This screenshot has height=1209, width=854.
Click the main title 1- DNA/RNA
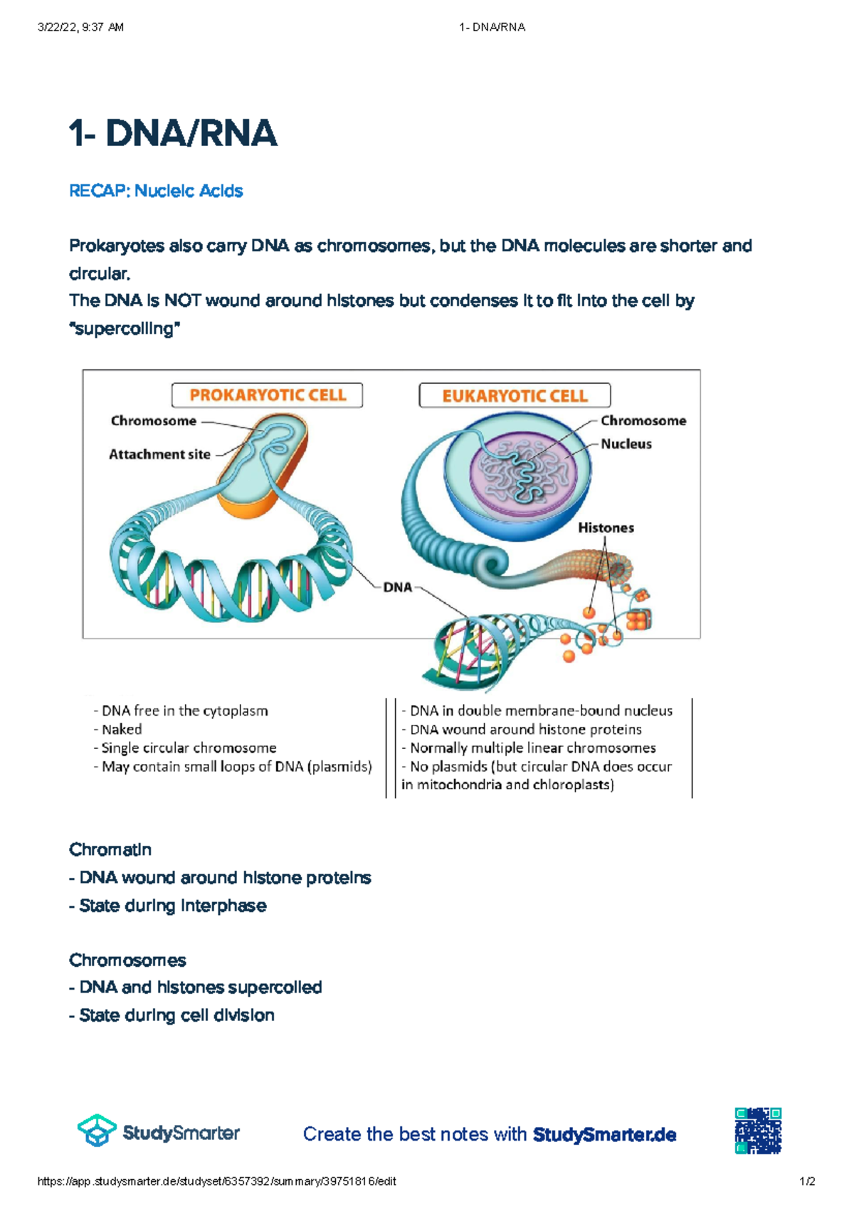pyautogui.click(x=173, y=134)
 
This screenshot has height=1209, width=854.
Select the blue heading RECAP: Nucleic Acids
pyautogui.click(x=156, y=191)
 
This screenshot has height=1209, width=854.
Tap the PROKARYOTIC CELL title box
pyautogui.click(x=267, y=395)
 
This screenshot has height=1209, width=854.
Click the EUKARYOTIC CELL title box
pyautogui.click(x=515, y=396)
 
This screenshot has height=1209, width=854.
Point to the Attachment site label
pyautogui.click(x=159, y=454)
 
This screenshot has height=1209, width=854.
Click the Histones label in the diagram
pyautogui.click(x=606, y=528)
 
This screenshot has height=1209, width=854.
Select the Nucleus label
pyautogui.click(x=626, y=444)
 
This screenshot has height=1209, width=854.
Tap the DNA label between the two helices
pyautogui.click(x=398, y=587)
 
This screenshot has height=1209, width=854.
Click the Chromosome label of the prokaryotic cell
pyautogui.click(x=153, y=421)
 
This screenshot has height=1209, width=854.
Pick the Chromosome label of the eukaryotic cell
pyautogui.click(x=643, y=421)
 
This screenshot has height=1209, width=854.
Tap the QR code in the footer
pyautogui.click(x=759, y=1131)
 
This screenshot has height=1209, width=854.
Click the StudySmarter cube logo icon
pyautogui.click(x=97, y=1131)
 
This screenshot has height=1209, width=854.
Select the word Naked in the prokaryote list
pyautogui.click(x=122, y=729)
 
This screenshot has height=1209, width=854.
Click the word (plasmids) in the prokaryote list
pyautogui.click(x=340, y=767)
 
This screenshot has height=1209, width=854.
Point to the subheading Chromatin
pyautogui.click(x=110, y=849)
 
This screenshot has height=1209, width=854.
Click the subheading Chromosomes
pyautogui.click(x=127, y=961)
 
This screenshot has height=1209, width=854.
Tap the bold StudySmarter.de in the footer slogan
pyautogui.click(x=604, y=1134)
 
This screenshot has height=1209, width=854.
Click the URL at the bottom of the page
pyautogui.click(x=216, y=1182)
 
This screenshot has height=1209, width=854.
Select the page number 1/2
pyautogui.click(x=807, y=1182)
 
